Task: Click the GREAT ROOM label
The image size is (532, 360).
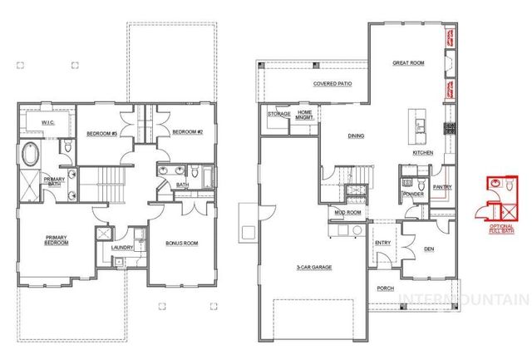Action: point(407,62)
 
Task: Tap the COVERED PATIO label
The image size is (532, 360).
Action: point(330,85)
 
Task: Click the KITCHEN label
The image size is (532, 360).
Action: point(424,153)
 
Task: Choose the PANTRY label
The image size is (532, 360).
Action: point(442,187)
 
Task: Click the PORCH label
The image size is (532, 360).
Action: point(385,289)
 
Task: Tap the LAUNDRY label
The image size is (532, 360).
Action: point(123,247)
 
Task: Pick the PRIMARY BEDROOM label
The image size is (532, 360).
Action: point(57,239)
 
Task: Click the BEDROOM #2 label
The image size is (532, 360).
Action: point(187,131)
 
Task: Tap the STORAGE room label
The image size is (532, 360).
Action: point(278,114)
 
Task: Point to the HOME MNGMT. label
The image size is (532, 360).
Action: point(305,115)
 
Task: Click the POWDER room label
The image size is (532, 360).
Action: point(412,195)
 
